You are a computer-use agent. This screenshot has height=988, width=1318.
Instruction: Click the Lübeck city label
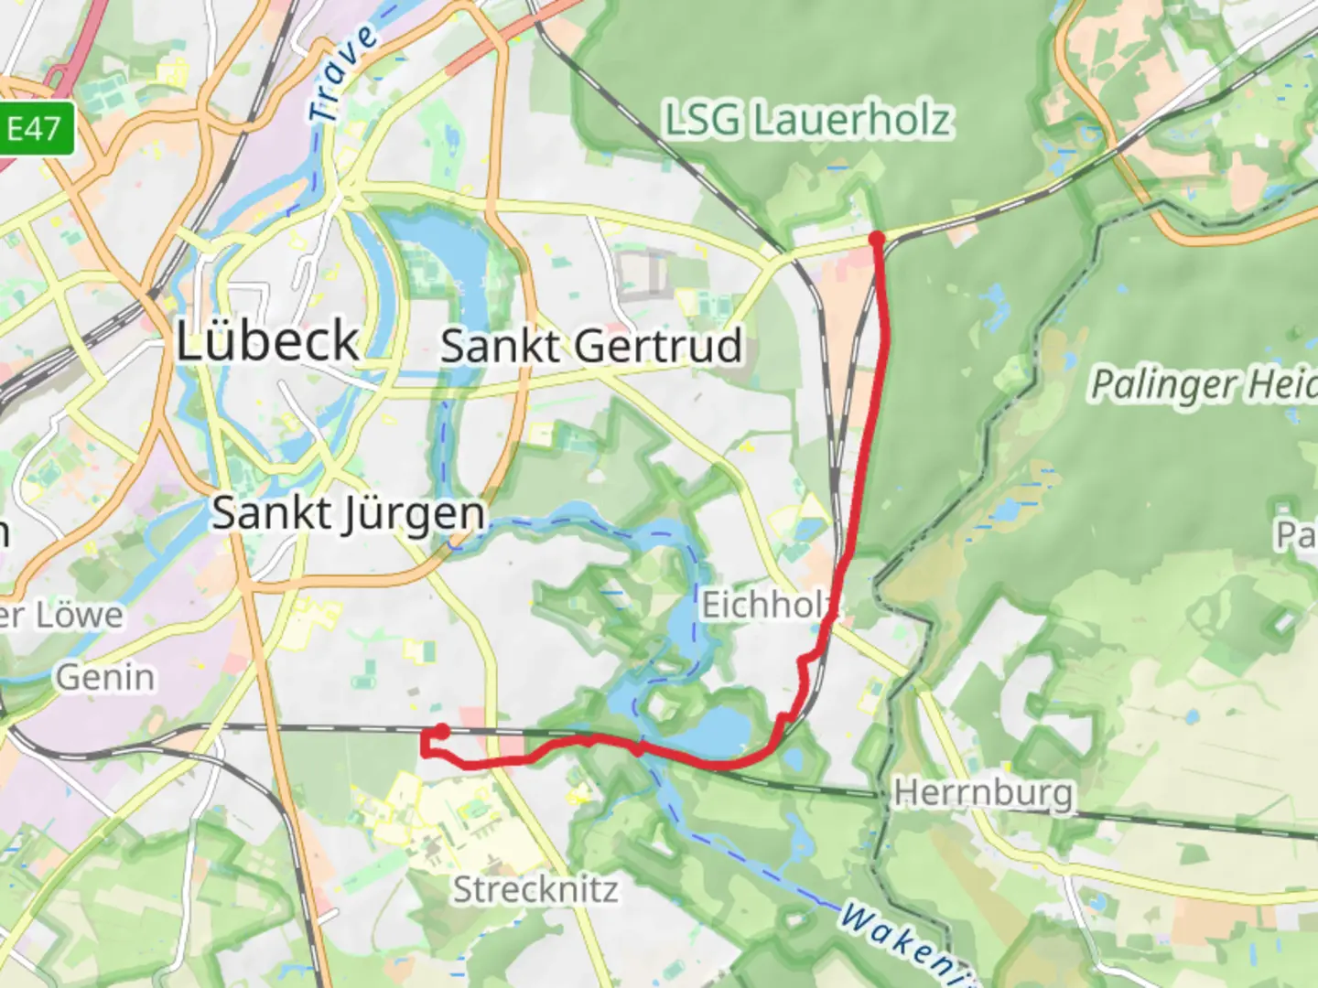pos(267,341)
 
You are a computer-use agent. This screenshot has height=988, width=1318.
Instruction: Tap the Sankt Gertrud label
pos(590,347)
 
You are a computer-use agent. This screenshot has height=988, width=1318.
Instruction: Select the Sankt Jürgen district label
pos(348,513)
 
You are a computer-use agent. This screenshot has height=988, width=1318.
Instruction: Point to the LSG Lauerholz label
pos(807,121)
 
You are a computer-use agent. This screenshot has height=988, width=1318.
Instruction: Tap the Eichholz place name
pos(765,605)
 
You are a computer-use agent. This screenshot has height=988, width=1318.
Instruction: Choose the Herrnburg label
pos(982,791)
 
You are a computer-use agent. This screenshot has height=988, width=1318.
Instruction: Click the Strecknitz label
pos(535,889)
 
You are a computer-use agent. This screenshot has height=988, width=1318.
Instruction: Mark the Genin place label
pos(105,678)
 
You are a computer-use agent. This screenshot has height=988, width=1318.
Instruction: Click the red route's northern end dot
pos(877,240)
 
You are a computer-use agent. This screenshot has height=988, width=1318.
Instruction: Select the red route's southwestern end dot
pos(442,731)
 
